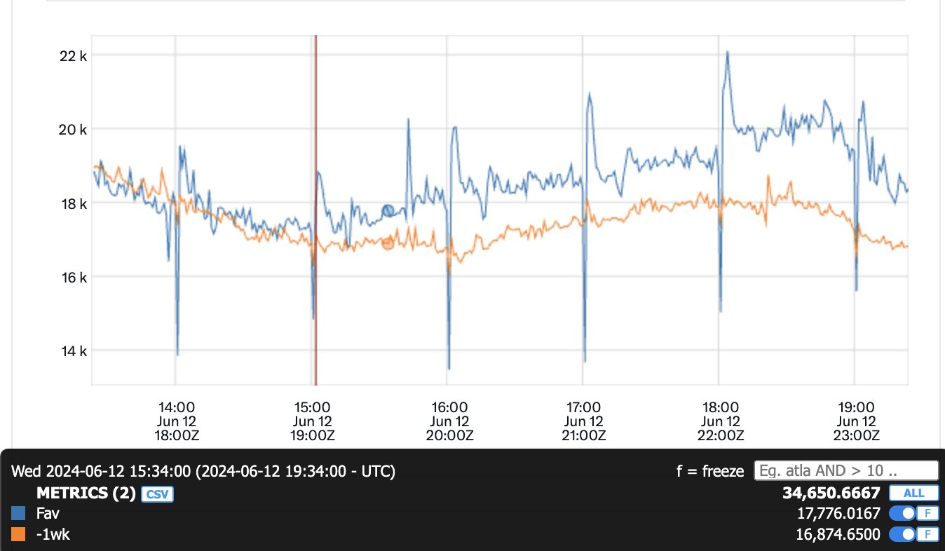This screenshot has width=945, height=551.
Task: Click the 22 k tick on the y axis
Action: pyautogui.click(x=72, y=55)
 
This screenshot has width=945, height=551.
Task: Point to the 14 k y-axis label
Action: pyautogui.click(x=72, y=351)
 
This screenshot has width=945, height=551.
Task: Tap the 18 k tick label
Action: pyautogui.click(x=72, y=203)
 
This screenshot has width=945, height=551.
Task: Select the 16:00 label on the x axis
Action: pyautogui.click(x=449, y=407)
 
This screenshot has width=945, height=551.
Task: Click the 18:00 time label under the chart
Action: pyautogui.click(x=720, y=407)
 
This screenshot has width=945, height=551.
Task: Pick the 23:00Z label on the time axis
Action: pyautogui.click(x=856, y=435)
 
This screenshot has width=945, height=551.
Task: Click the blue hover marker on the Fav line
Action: pyautogui.click(x=388, y=211)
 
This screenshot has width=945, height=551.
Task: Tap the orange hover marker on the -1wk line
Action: pyautogui.click(x=388, y=243)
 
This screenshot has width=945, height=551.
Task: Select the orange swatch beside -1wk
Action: pyautogui.click(x=19, y=535)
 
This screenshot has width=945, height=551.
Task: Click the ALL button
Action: pyautogui.click(x=913, y=493)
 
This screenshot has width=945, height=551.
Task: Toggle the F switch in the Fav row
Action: pyautogui.click(x=913, y=514)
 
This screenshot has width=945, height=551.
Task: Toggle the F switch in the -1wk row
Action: pyautogui.click(x=913, y=535)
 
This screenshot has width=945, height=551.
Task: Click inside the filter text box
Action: pyautogui.click(x=845, y=470)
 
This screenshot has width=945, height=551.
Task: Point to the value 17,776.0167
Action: pyautogui.click(x=838, y=514)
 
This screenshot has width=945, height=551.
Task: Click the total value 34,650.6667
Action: pyautogui.click(x=831, y=493)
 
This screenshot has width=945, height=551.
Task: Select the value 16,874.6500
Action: pyautogui.click(x=838, y=535)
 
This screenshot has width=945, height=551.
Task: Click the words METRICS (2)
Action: pyautogui.click(x=86, y=494)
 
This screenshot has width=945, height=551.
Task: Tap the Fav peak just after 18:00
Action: pyautogui.click(x=728, y=52)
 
